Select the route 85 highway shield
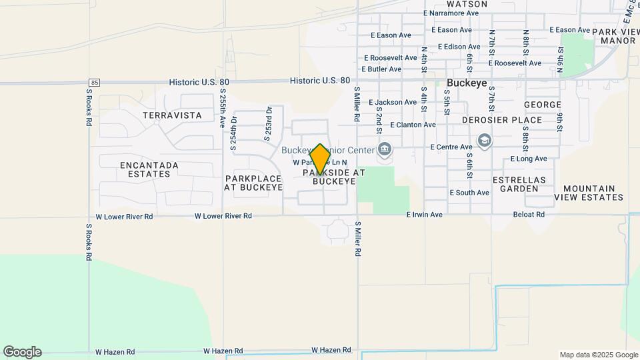(93, 82)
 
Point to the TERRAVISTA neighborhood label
(172, 115)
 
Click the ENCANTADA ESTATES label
(149, 169)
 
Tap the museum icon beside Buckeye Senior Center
(385, 149)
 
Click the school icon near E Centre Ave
(485, 140)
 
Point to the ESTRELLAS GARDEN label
(519, 184)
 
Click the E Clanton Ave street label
(413, 125)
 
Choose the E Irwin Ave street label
(425, 215)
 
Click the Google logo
(22, 352)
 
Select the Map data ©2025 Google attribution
(598, 355)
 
